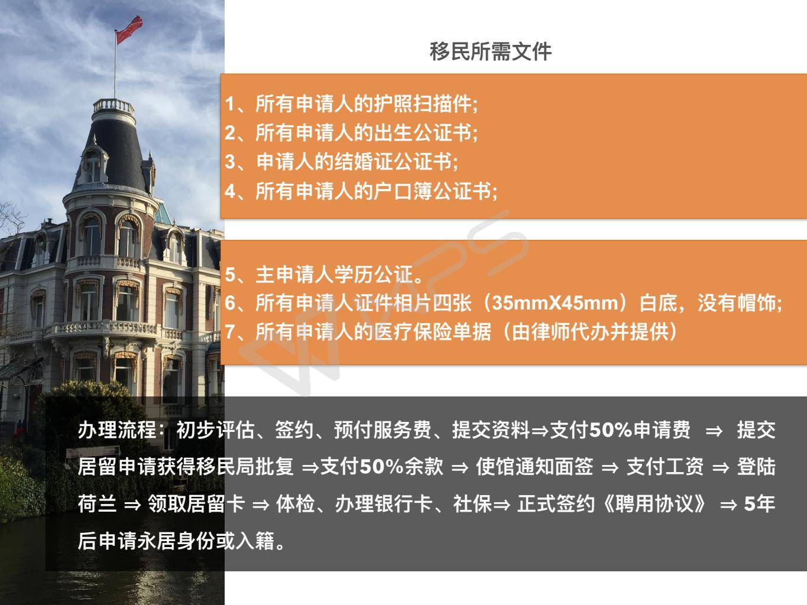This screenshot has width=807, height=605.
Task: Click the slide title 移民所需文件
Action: [491, 51]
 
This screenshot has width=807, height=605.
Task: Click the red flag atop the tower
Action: [129, 30]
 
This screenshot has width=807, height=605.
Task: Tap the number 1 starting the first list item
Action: [230, 104]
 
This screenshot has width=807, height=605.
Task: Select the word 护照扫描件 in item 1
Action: [423, 104]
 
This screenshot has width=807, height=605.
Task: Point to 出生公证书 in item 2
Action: [423, 132]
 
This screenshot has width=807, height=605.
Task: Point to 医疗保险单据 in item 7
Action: [432, 331]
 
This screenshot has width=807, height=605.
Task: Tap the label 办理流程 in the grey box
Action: [117, 430]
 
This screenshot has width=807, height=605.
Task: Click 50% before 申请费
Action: [610, 430]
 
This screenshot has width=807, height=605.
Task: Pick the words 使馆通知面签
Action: [534, 467]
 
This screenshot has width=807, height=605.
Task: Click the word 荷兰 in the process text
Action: [98, 503]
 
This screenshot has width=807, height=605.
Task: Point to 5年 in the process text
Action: [760, 503]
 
